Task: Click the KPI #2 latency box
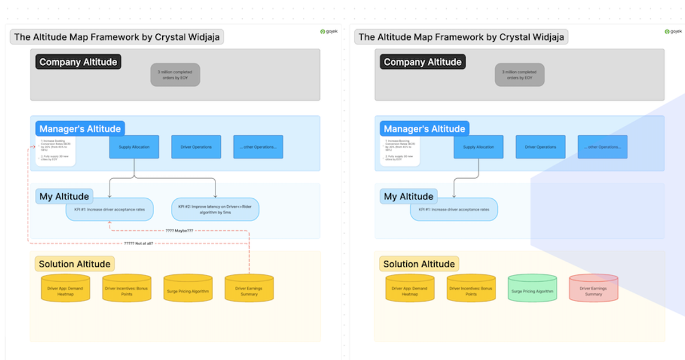215,209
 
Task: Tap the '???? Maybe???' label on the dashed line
179,230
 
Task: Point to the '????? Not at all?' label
138,243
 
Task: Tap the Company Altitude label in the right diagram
422,62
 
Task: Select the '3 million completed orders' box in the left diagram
175,75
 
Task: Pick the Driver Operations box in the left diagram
196,147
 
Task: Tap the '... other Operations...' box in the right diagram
602,147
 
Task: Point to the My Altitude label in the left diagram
64,197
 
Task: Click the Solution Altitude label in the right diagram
419,263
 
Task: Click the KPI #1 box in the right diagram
454,209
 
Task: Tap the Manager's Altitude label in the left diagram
79,129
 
